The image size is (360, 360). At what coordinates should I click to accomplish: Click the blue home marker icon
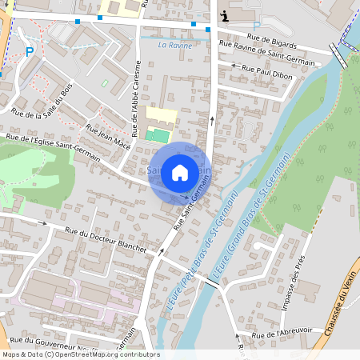(x=180, y=171)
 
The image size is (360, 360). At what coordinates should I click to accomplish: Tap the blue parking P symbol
(x=30, y=52)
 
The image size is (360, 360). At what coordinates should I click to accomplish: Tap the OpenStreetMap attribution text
(x=80, y=354)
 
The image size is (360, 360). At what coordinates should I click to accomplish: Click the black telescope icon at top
(x=226, y=15)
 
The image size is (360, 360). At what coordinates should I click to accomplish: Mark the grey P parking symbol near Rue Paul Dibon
(x=256, y=93)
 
